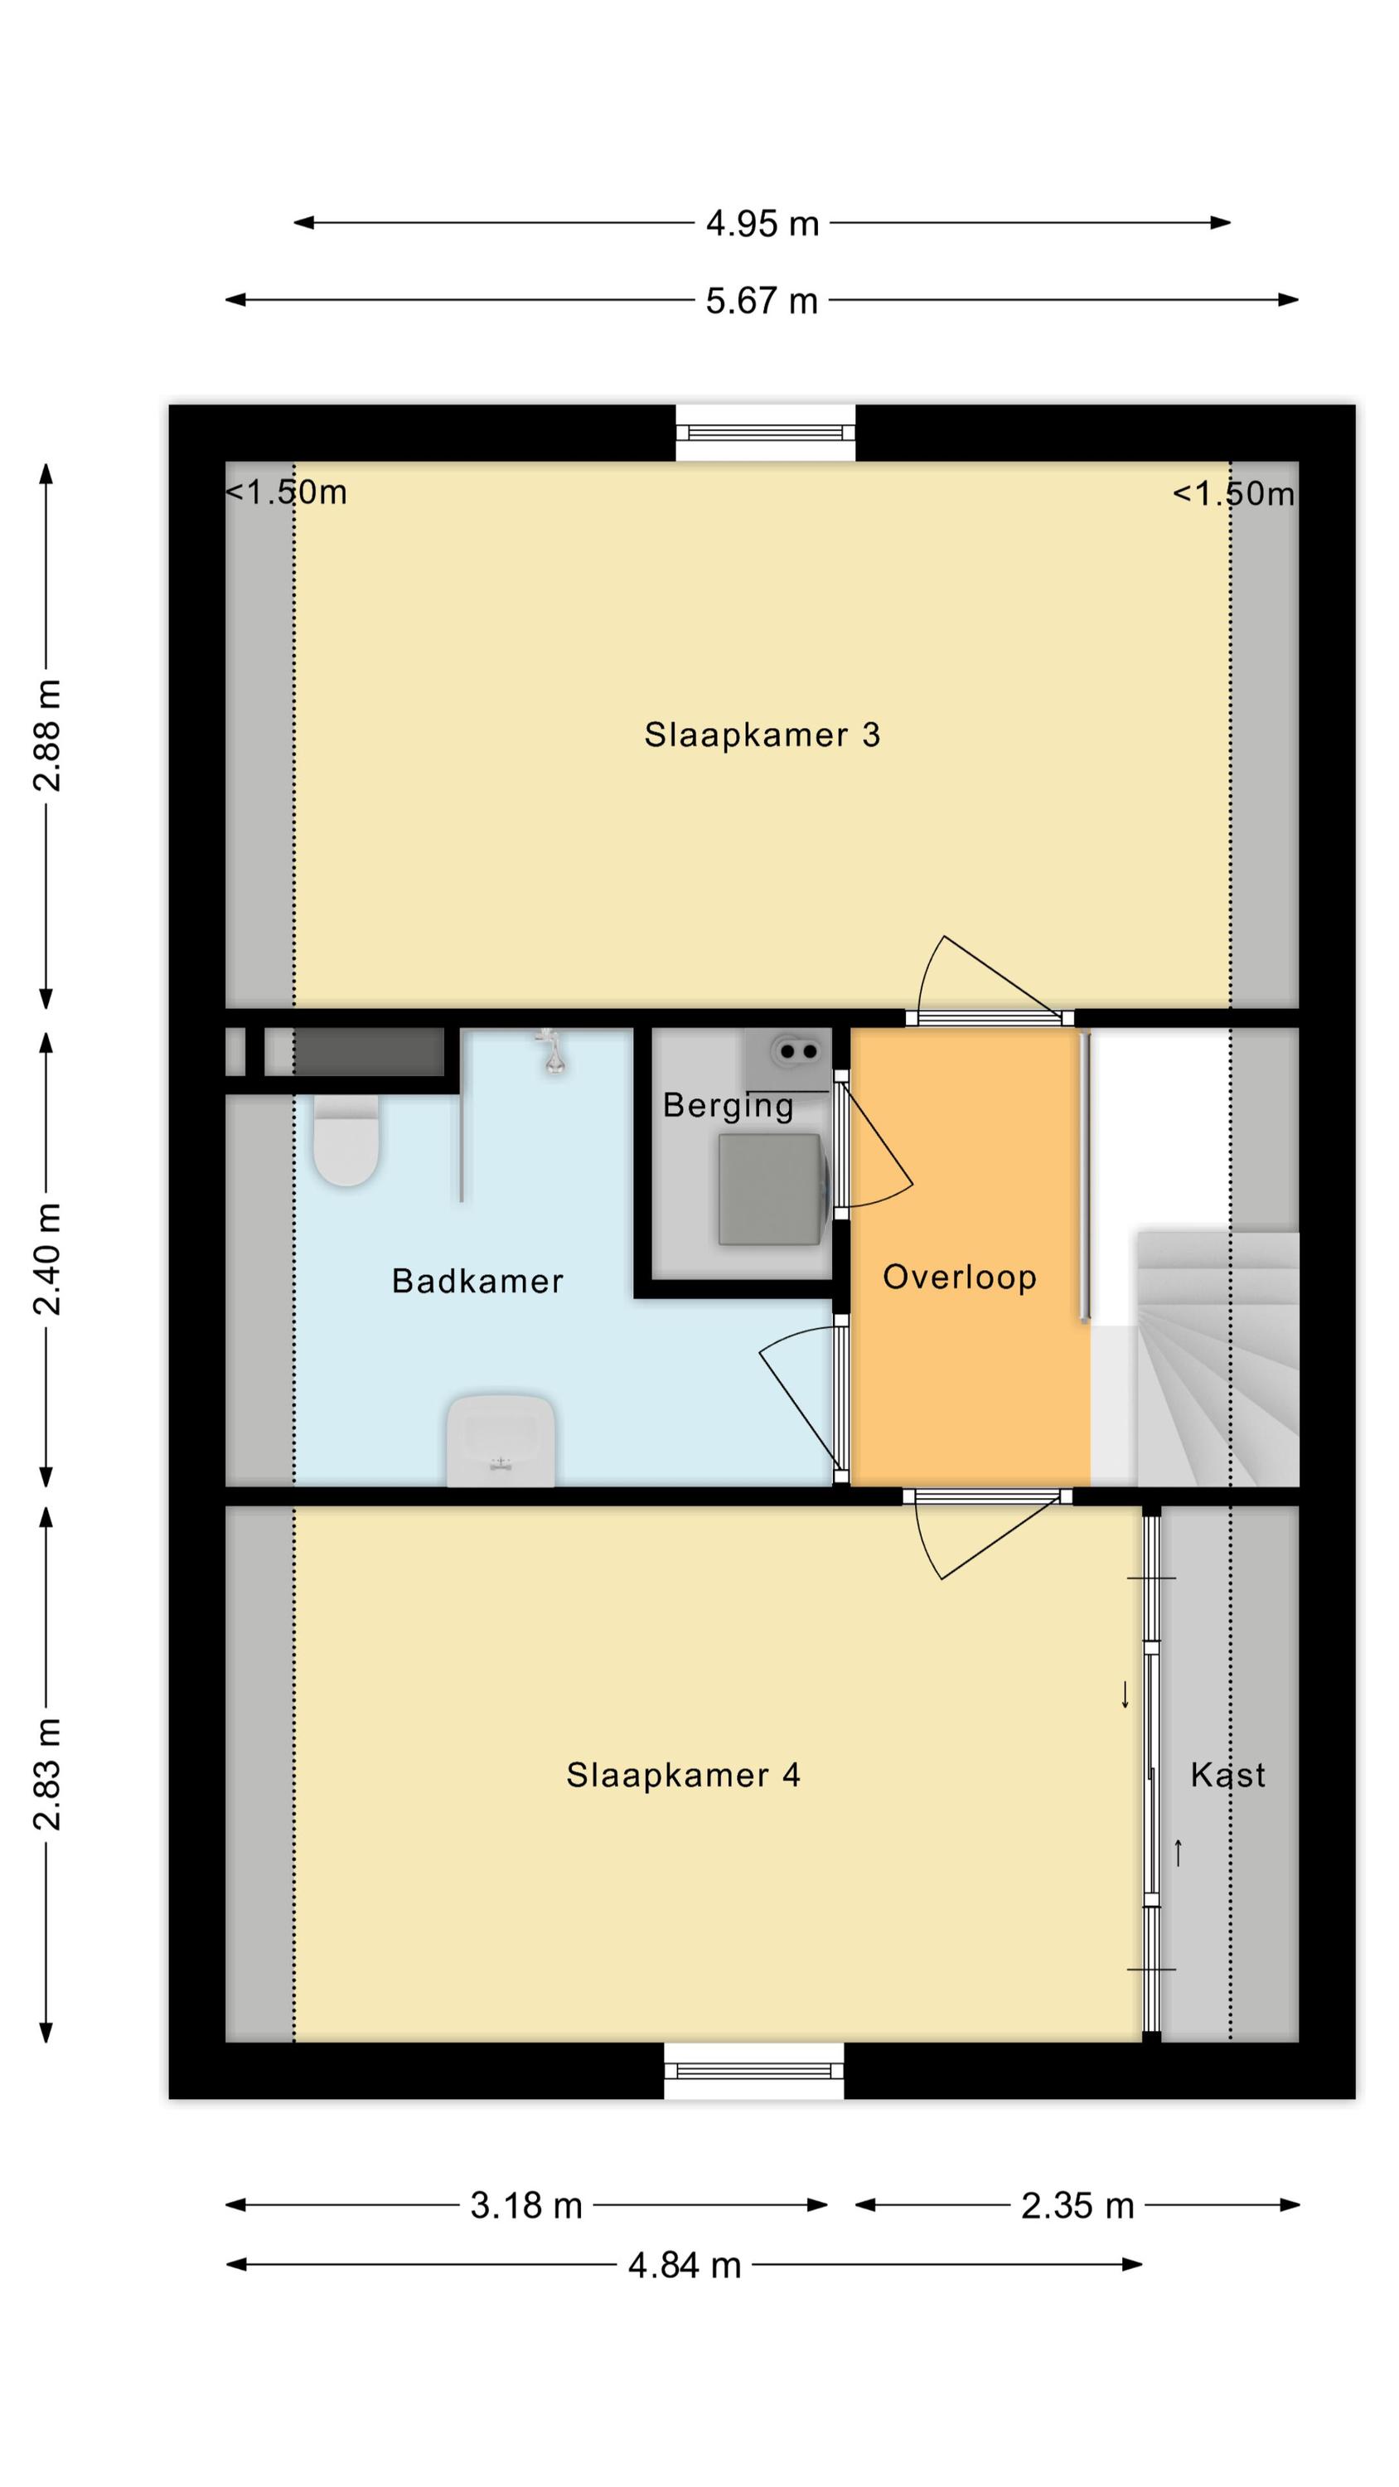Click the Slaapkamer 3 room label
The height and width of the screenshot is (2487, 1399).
[x=762, y=734]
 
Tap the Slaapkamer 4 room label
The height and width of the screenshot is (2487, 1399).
[x=683, y=1775]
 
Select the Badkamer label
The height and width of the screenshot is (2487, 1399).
[x=477, y=1281]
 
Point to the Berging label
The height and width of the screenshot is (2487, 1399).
[x=728, y=1105]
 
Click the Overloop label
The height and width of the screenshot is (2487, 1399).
[x=960, y=1277]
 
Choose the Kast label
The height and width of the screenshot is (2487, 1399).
[x=1227, y=1775]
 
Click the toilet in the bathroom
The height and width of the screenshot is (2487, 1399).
[x=345, y=1140]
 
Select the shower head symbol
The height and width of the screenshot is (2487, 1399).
[x=551, y=1051]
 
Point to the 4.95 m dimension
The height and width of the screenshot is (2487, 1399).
[x=762, y=224]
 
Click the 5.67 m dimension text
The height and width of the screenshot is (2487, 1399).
[x=762, y=301]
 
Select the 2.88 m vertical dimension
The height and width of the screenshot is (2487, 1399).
[x=47, y=735]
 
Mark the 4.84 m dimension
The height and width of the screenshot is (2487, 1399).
[x=685, y=2266]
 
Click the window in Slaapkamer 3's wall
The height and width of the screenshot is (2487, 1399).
[x=765, y=433]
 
